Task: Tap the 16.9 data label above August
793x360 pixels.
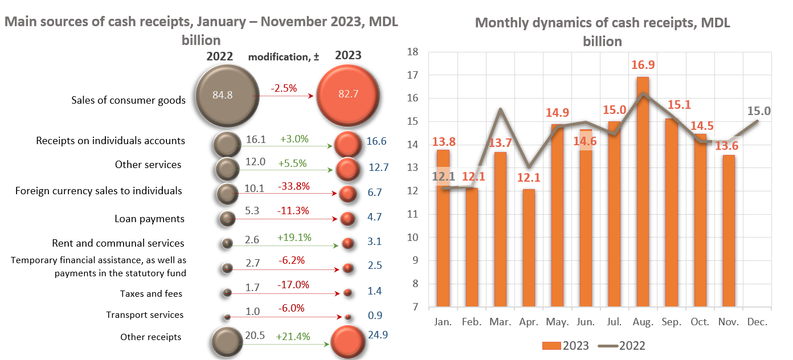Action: [643, 64]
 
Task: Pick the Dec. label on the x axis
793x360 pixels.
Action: [757, 322]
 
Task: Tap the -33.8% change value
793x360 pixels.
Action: [293, 186]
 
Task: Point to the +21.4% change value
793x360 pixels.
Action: [293, 337]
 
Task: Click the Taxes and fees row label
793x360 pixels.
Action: [151, 294]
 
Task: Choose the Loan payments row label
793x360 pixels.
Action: [149, 219]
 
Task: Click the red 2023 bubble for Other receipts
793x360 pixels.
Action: [348, 343]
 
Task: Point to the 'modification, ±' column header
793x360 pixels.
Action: [284, 57]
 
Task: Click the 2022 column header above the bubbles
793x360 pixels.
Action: [219, 56]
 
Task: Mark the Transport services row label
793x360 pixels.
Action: [145, 315]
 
